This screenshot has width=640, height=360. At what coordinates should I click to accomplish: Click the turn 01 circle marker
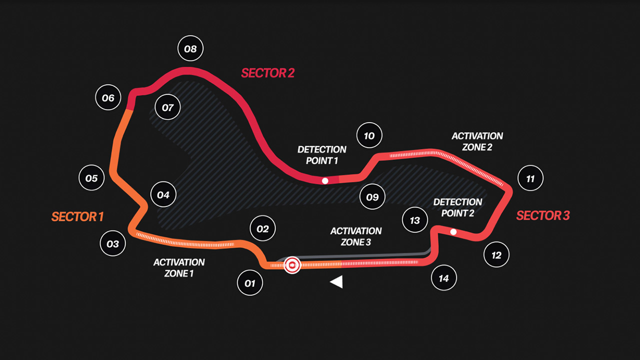[250, 283]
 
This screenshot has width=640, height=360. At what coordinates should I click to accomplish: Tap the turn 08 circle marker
[190, 48]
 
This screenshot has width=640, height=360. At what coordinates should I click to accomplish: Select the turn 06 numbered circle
[108, 97]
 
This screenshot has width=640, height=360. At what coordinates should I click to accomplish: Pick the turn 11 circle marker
[530, 178]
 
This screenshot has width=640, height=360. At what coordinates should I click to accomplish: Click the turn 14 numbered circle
[443, 277]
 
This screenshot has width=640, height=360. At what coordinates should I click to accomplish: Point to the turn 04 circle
[163, 194]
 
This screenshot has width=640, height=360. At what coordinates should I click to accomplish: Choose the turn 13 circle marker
[415, 220]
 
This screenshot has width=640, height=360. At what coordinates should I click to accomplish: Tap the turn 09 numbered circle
[372, 196]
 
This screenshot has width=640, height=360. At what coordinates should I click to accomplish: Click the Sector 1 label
[77, 216]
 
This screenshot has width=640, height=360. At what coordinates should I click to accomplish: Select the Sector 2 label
[267, 73]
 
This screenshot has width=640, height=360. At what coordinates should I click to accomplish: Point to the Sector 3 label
[543, 215]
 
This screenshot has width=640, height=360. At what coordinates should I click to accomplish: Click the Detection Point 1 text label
[322, 155]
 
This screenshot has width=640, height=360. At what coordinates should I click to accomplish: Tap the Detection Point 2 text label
[457, 207]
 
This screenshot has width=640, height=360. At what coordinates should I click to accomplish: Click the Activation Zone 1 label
[179, 267]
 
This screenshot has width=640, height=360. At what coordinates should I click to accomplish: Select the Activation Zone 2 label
[477, 141]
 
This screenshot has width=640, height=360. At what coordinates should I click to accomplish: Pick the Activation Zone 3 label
[356, 236]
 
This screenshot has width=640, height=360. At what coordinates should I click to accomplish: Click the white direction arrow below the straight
[336, 281]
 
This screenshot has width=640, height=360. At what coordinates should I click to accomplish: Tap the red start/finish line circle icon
[292, 265]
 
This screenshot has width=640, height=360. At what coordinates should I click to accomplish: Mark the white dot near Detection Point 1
[325, 181]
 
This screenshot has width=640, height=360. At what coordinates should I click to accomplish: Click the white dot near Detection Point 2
[453, 231]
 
